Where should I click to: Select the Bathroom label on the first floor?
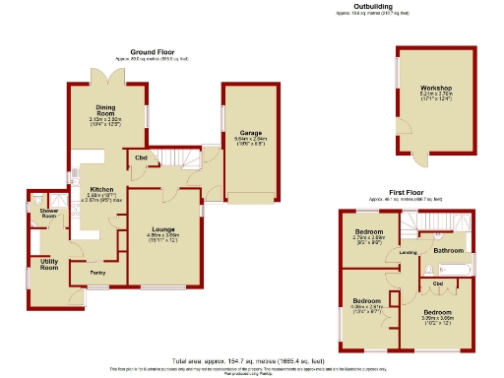tap(448, 250)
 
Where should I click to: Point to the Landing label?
tap(407, 252)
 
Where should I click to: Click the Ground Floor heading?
tap(152, 51)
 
